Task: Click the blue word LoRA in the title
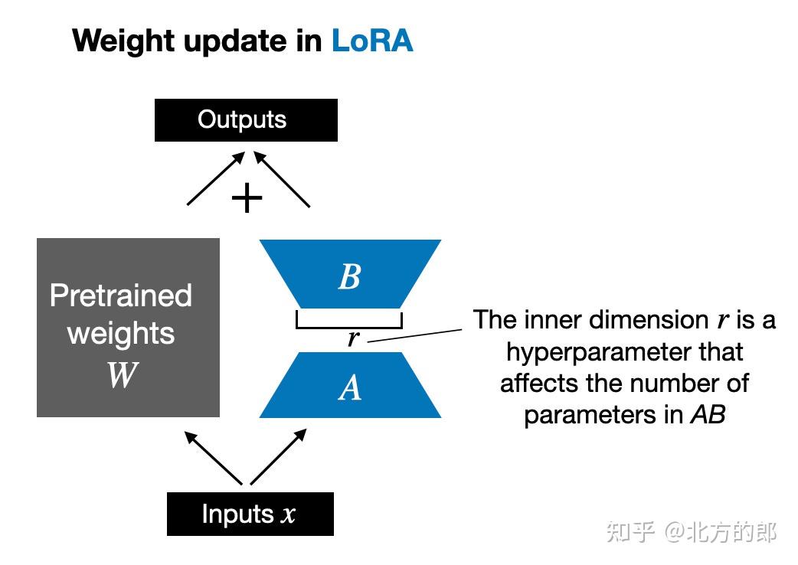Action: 372,40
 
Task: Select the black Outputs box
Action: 246,120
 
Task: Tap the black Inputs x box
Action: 250,514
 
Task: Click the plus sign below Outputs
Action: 247,199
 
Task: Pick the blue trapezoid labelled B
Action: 350,274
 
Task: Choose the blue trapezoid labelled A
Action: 350,386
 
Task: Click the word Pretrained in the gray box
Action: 121,296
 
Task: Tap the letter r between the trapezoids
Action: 352,338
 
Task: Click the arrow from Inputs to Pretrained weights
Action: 214,457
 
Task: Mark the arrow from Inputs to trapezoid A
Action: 279,457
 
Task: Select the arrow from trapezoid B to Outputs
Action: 283,179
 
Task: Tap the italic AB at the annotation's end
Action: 708,414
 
